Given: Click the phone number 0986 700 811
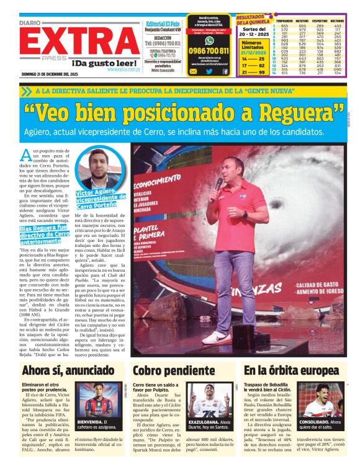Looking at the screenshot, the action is (x=209, y=51).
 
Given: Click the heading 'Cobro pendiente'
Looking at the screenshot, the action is (x=164, y=370).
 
